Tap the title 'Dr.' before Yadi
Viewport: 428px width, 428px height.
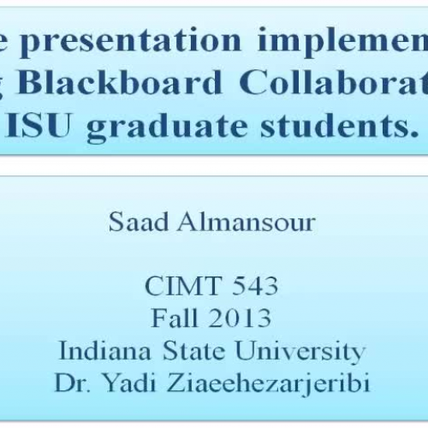click(x=72, y=382)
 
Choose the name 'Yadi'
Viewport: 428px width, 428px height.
click(x=126, y=382)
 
